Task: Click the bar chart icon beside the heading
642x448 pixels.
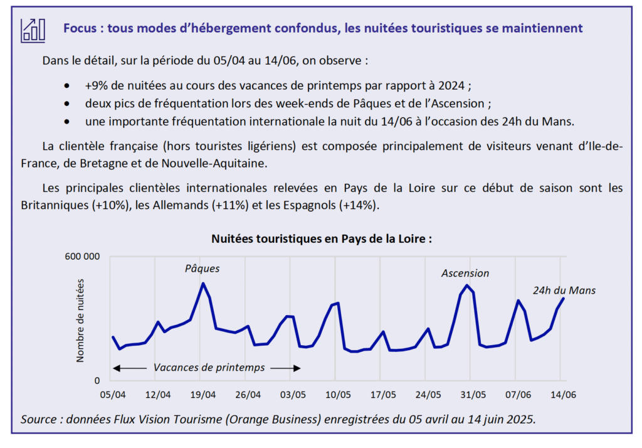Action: click(33, 29)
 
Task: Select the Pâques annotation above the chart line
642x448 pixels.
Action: click(202, 269)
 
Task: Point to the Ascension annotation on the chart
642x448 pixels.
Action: click(465, 273)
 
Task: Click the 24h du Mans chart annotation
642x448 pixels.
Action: click(564, 291)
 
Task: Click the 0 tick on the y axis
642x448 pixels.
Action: click(97, 380)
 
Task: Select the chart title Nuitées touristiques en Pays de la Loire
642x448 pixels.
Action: click(322, 239)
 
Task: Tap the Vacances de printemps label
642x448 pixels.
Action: click(209, 367)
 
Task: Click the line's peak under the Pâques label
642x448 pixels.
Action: click(203, 284)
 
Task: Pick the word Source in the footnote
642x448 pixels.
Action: click(39, 419)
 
